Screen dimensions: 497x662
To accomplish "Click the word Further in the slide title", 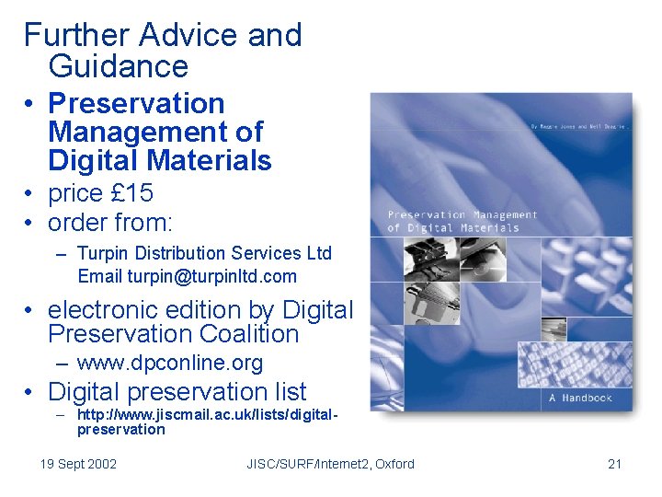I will coord(77,35).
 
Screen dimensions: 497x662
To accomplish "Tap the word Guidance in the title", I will coord(118,66).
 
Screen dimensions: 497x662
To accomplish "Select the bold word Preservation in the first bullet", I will coord(136,103).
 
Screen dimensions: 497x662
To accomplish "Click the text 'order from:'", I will coord(110,223).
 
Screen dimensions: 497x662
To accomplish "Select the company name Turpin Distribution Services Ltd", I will coord(204,253).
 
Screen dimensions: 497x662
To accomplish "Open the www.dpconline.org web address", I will coord(170,363).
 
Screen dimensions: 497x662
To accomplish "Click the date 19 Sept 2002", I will coord(78,464).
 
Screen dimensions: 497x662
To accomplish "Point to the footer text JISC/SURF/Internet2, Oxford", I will coord(330,464).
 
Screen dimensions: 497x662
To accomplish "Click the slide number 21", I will coord(615,464).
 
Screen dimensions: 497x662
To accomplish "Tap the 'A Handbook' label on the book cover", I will coord(580,398).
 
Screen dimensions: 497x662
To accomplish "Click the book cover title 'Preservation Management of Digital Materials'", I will coord(462,221).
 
